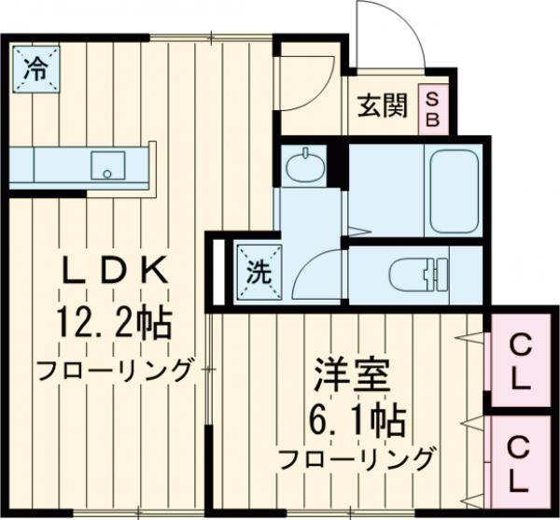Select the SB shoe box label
click(434, 108)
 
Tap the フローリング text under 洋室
click(357, 458)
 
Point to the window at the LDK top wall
click(213, 36)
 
